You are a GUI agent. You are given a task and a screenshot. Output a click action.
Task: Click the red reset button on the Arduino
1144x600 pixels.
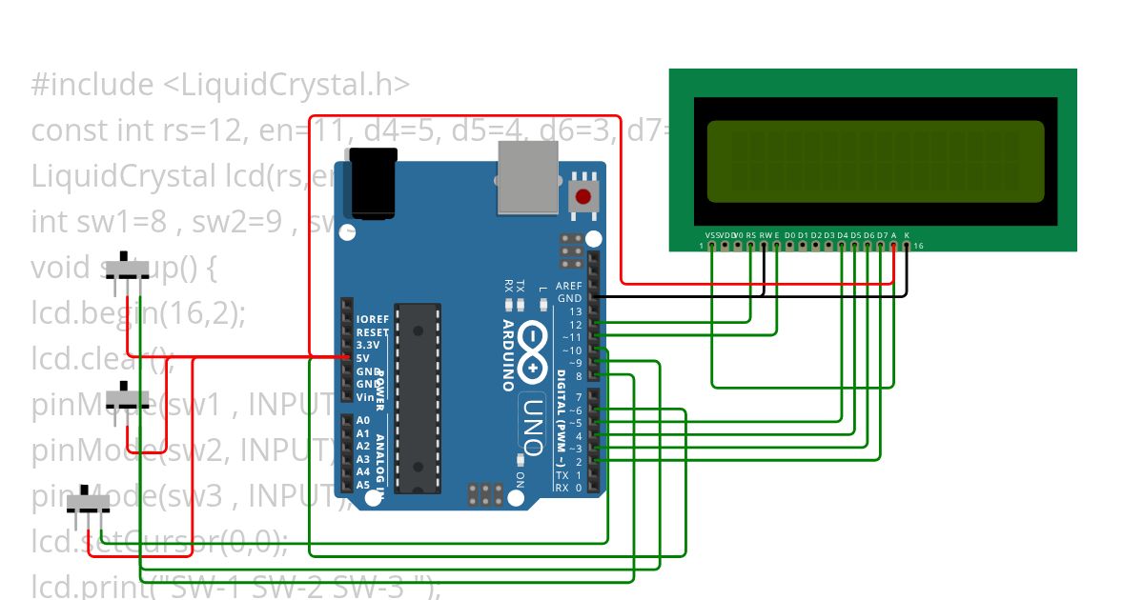pos(582,197)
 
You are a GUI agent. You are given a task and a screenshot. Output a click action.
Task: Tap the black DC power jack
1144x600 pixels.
pos(372,182)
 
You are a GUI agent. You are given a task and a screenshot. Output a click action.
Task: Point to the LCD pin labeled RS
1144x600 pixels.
pos(751,234)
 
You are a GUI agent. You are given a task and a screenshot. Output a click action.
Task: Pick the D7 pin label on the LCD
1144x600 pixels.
pos(882,234)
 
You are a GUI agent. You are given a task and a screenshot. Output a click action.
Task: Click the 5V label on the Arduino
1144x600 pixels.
pos(362,358)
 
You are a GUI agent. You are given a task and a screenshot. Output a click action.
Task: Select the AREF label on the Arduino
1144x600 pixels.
pos(569,286)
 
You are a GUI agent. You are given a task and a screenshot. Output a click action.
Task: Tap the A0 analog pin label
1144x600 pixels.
pos(363,420)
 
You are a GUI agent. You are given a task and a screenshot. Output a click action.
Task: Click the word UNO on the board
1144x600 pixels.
pos(531,423)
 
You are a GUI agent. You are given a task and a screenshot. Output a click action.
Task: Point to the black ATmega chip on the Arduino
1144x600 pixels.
pos(418,398)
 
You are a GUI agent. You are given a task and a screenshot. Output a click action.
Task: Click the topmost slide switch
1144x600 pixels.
pos(127,268)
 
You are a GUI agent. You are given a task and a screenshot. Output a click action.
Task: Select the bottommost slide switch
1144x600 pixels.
pos(89,502)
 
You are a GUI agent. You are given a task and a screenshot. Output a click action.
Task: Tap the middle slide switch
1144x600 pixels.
pos(127,394)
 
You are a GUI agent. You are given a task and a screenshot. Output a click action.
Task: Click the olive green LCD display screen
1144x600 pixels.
pos(875,161)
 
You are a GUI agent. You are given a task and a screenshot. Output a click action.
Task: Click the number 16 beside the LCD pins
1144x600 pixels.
pos(918,247)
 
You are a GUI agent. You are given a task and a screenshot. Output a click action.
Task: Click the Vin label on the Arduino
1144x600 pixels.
pos(364,397)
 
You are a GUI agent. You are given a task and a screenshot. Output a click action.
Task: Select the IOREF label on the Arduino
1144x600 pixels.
pos(372,319)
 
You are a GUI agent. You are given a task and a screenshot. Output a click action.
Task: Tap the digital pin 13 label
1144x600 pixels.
pos(575,311)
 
